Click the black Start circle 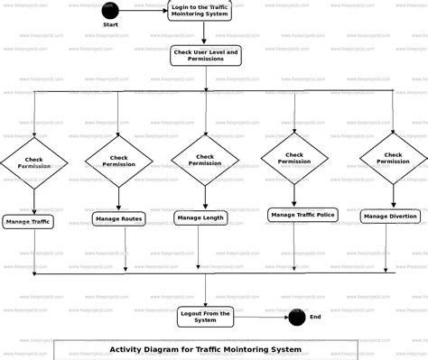tap(110, 11)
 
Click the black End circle tap(296, 317)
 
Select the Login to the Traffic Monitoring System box tap(205, 11)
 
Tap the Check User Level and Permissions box tap(206, 56)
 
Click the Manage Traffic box tap(28, 220)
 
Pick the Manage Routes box tap(118, 218)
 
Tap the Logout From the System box tap(205, 316)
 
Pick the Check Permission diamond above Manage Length tap(205, 160)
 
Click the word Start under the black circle tap(110, 25)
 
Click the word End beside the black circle tap(315, 317)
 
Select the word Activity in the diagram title tap(131, 349)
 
